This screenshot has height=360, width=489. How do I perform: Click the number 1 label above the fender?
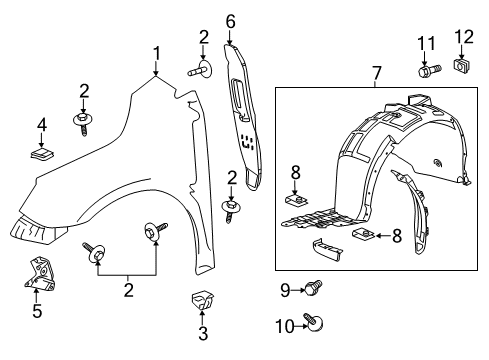(x=156, y=52)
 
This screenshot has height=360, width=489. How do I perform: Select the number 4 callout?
(x=40, y=125)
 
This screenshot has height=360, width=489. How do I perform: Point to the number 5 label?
(x=36, y=310)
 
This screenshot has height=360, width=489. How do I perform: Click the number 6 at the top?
(x=229, y=20)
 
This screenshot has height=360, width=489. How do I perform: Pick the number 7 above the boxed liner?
(x=378, y=73)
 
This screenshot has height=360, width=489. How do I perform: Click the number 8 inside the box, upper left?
(x=295, y=172)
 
